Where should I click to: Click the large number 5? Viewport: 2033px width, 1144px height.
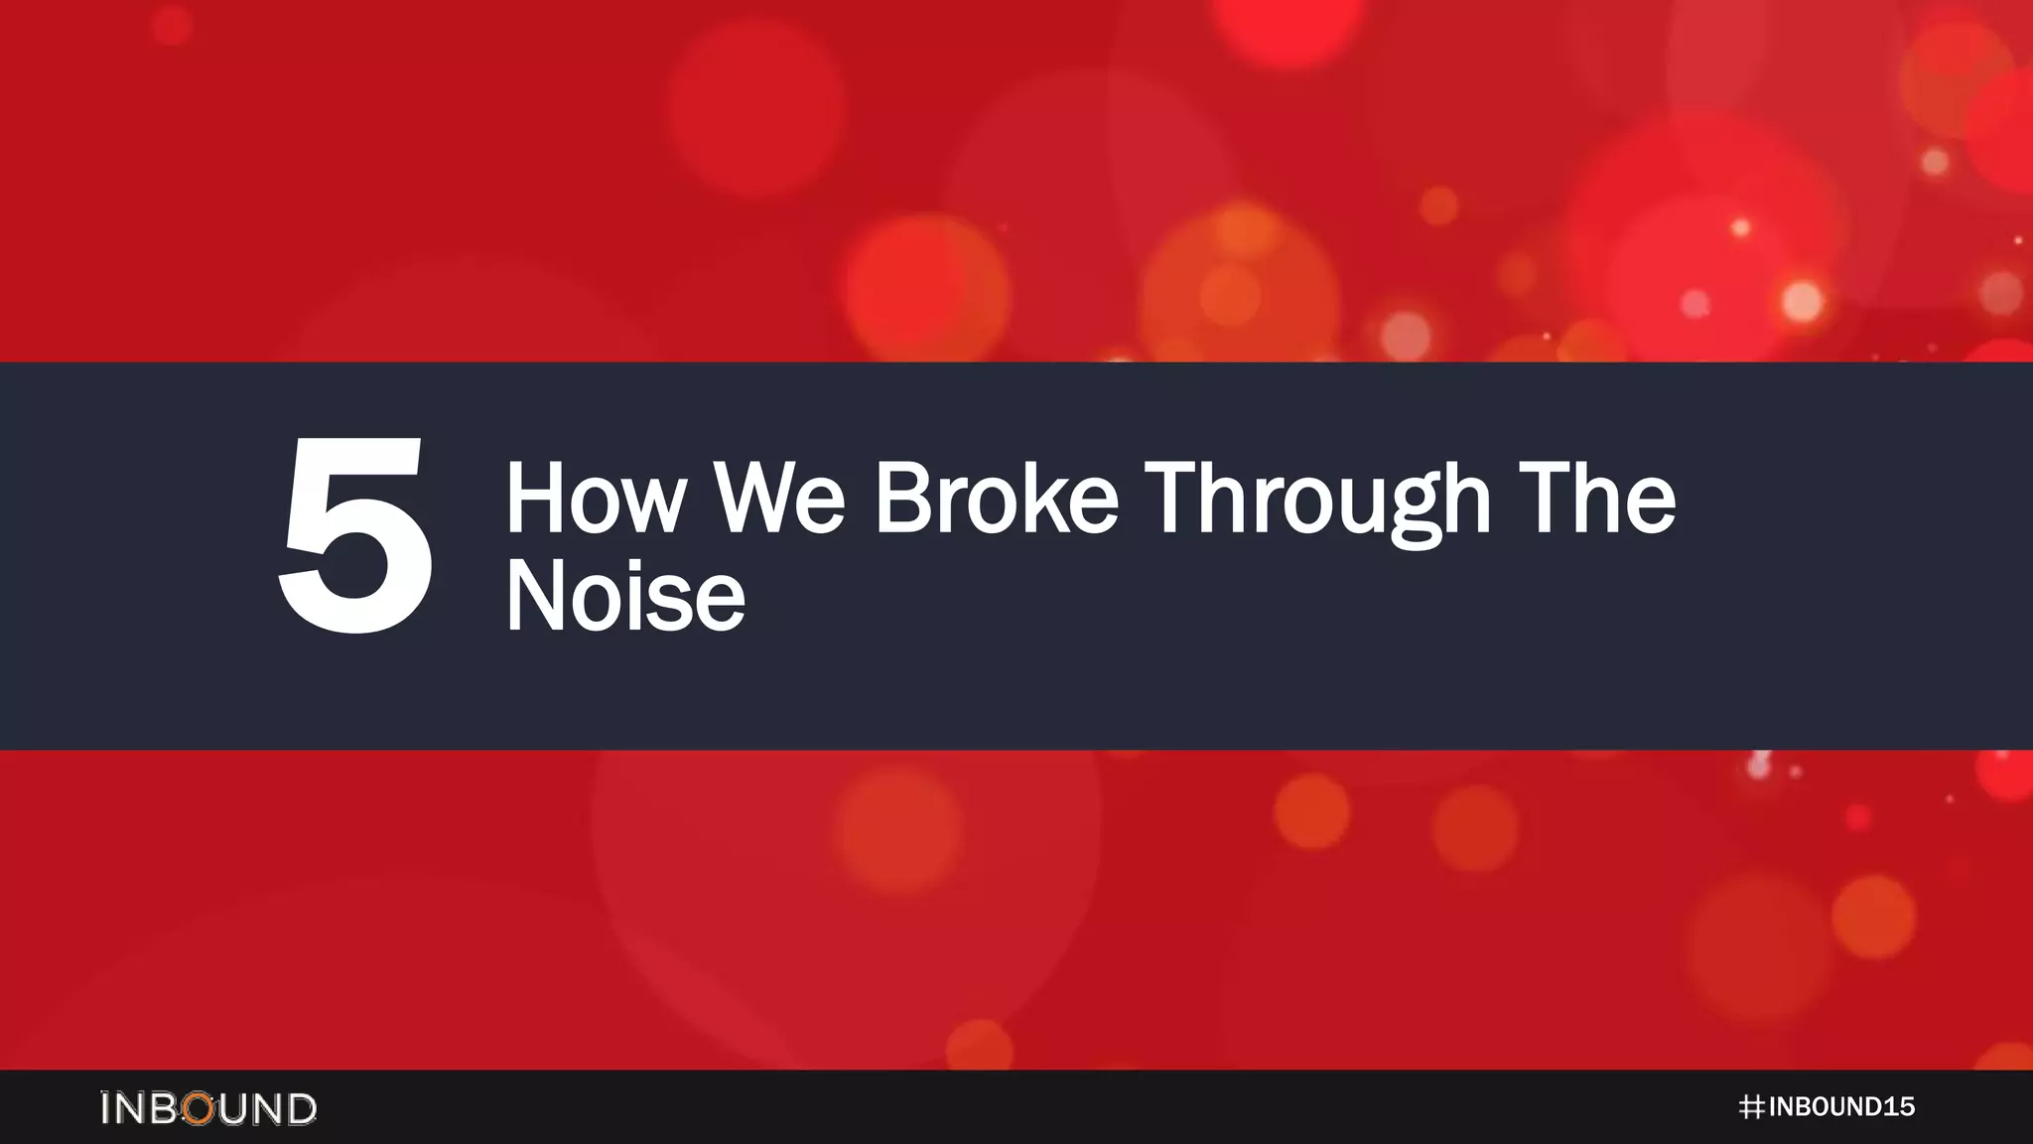(x=355, y=536)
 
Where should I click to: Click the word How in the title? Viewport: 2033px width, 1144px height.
(x=596, y=499)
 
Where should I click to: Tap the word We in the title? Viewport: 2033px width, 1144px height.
(x=780, y=499)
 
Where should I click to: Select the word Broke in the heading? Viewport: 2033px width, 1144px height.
(x=997, y=499)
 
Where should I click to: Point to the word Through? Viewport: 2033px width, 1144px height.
(x=1318, y=500)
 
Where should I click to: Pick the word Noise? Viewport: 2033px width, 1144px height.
(x=625, y=596)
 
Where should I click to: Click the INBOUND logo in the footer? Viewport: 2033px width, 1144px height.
(x=208, y=1108)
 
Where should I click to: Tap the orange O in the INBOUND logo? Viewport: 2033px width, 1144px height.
(x=199, y=1108)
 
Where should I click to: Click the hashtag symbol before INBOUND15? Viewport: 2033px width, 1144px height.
(x=1751, y=1107)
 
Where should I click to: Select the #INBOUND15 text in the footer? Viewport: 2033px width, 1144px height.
(x=1827, y=1107)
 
